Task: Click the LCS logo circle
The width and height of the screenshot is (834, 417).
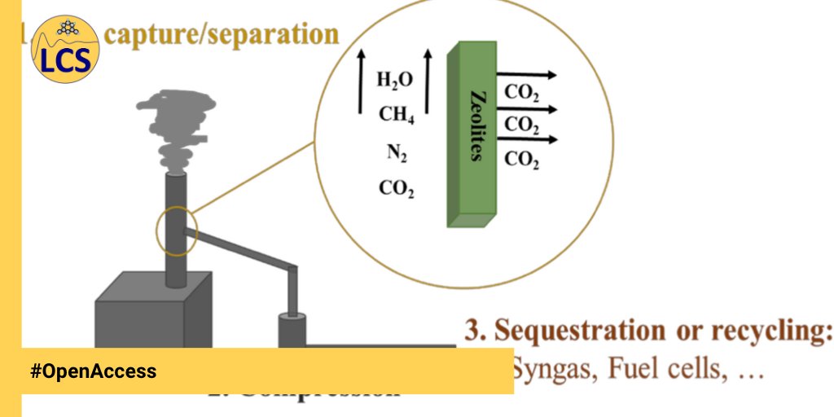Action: pos(65,51)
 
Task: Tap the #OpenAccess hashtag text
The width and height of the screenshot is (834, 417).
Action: pos(93,371)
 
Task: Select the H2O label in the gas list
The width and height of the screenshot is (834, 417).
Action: pos(395,80)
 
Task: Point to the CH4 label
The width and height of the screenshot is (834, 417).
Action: pos(397,116)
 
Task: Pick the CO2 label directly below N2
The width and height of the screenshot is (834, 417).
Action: pos(397,189)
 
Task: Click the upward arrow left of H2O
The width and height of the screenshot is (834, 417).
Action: pos(359,81)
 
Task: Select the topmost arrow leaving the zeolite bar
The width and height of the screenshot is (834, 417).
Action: pos(527,75)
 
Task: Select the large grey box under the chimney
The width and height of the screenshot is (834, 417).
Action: pos(153,314)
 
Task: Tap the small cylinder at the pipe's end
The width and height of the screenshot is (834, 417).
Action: pos(291,330)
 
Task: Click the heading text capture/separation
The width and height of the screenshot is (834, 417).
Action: pos(222,34)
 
